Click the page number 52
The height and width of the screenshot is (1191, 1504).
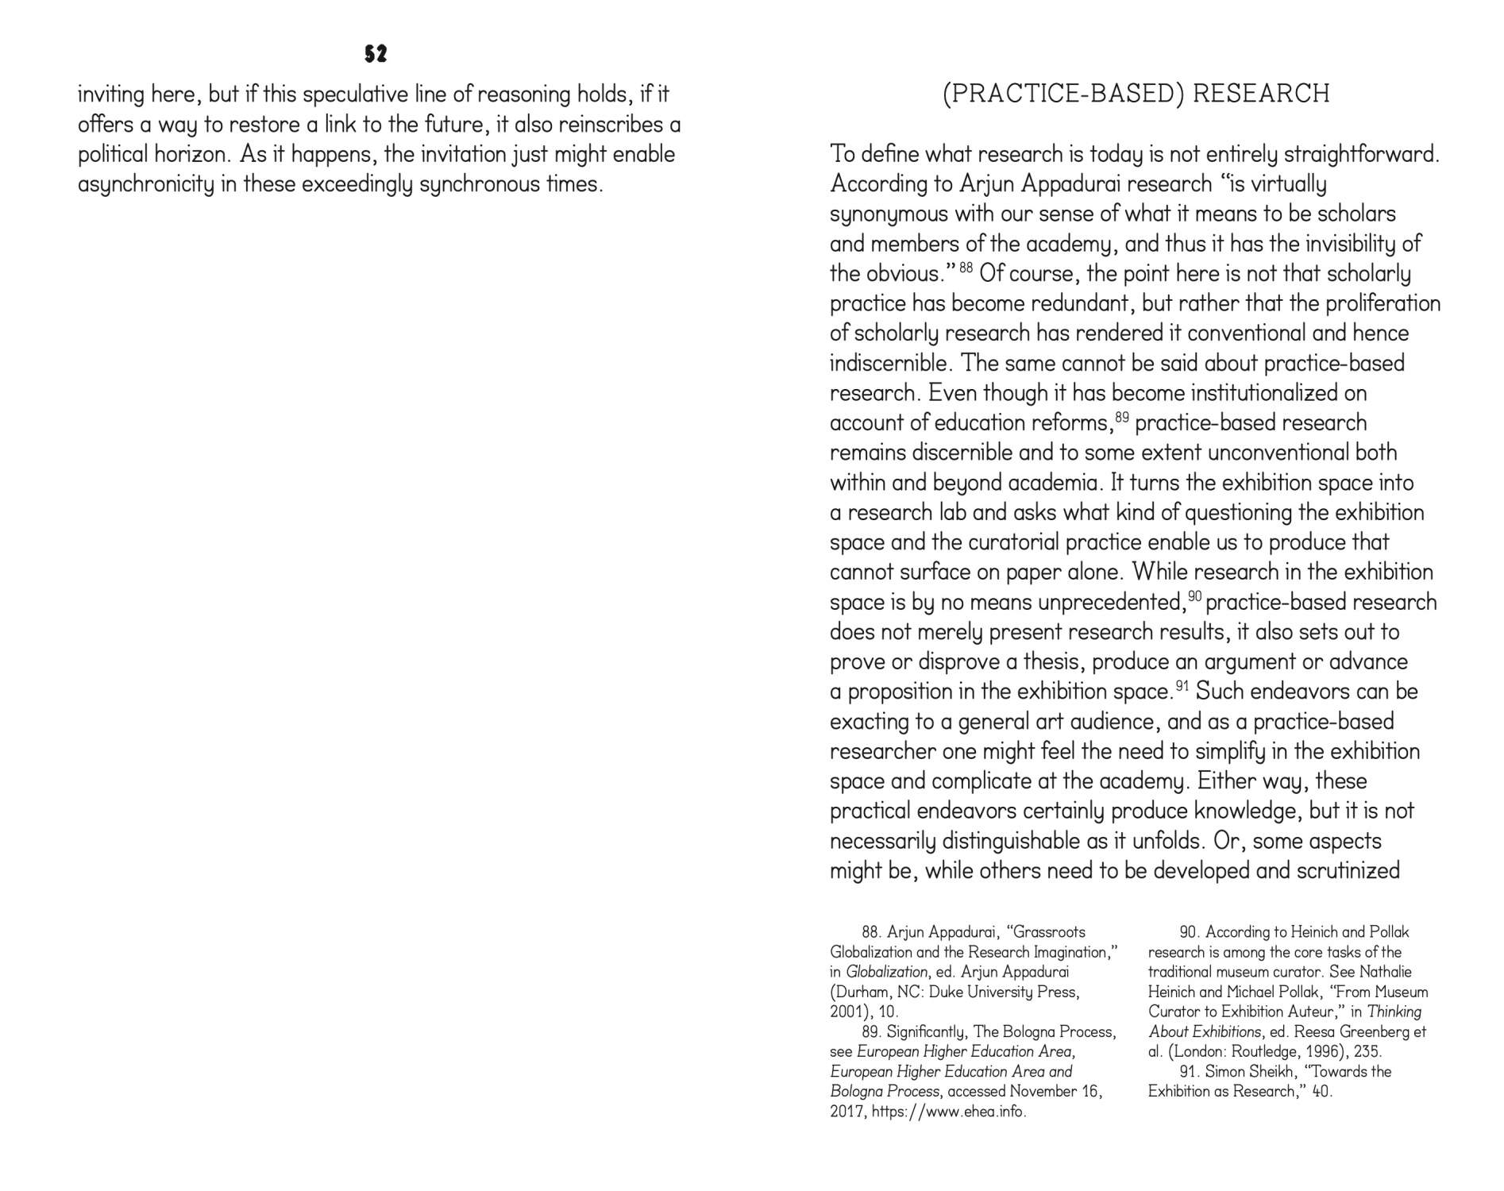pyautogui.click(x=376, y=54)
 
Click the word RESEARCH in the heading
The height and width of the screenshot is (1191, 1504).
pyautogui.click(x=1261, y=94)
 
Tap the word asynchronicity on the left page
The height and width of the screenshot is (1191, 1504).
pyautogui.click(x=146, y=184)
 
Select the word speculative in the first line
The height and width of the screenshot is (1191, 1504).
pyautogui.click(x=355, y=94)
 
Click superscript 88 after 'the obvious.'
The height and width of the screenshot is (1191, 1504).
pyautogui.click(x=966, y=268)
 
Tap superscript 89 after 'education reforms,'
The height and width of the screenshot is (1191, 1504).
pyautogui.click(x=1121, y=417)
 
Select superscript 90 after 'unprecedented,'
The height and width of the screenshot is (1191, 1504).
pyautogui.click(x=1195, y=596)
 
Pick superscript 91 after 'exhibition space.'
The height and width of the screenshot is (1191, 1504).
pyautogui.click(x=1182, y=685)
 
